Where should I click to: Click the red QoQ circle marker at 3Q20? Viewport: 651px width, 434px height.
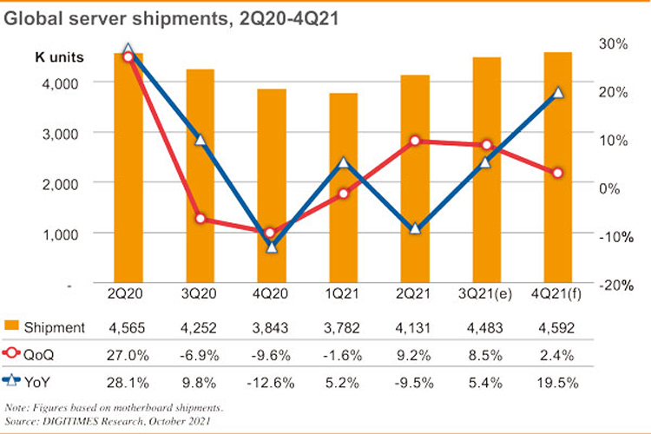point(201,219)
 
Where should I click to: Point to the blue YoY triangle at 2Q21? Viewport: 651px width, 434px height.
point(415,229)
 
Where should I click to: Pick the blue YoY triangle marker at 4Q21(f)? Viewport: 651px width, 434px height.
point(559,93)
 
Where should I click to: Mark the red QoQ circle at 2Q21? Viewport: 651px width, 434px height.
point(415,141)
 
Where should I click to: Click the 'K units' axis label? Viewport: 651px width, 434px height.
point(59,58)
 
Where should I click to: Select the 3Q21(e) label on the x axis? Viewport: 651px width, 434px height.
point(486,297)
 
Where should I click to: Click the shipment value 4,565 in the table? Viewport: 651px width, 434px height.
point(128,327)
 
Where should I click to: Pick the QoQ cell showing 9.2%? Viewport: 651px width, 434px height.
point(415,353)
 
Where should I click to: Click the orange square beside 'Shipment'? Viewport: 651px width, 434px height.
point(12,327)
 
